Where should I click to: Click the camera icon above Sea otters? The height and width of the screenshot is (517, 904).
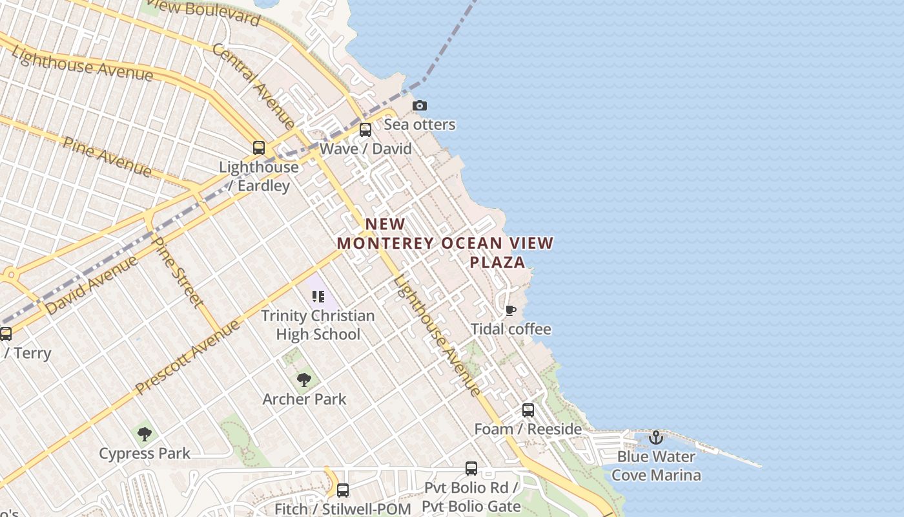[x=420, y=105]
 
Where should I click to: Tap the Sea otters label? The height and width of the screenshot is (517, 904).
[x=420, y=124]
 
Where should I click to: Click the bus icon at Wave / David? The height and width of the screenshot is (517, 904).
[x=365, y=130]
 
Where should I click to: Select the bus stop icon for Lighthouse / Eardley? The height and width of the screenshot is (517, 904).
[x=259, y=148]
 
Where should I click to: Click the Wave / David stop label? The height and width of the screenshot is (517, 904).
[x=365, y=149]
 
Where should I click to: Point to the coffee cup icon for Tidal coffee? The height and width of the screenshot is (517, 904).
[x=510, y=311]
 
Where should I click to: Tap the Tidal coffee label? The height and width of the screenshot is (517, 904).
[x=511, y=329]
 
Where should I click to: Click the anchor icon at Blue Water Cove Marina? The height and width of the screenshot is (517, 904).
[x=656, y=438]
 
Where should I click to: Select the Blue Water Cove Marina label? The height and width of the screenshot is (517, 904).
[x=656, y=465]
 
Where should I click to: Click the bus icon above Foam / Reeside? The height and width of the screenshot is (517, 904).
[x=528, y=410]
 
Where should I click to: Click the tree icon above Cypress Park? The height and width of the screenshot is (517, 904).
[x=145, y=434]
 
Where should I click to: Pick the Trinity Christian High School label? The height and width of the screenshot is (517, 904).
[x=318, y=324]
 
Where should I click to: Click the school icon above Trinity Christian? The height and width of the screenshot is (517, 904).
[x=318, y=297]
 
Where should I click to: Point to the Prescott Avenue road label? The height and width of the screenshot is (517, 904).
[x=187, y=357]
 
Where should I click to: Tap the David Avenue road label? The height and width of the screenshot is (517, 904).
[x=92, y=285]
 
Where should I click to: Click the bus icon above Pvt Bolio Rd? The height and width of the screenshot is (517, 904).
[x=471, y=469]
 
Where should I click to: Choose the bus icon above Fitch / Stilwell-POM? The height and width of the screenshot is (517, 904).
[x=343, y=491]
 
